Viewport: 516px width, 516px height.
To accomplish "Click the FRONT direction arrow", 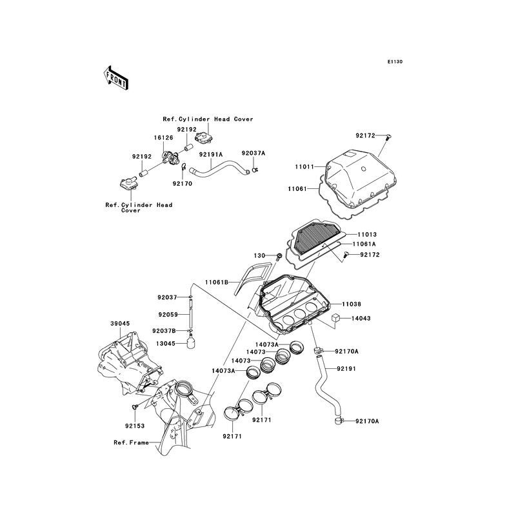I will pos(115,77).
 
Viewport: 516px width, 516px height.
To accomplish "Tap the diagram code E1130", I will pos(395,62).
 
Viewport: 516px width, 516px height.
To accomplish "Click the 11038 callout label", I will pos(352,303).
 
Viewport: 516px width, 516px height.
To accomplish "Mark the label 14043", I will pos(361,319).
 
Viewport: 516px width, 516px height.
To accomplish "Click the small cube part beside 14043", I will pos(336,317).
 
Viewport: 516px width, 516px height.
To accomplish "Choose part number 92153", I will pos(134,426).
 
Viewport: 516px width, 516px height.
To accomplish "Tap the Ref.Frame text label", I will pos(130,442).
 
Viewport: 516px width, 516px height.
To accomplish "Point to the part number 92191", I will pos(345,368).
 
